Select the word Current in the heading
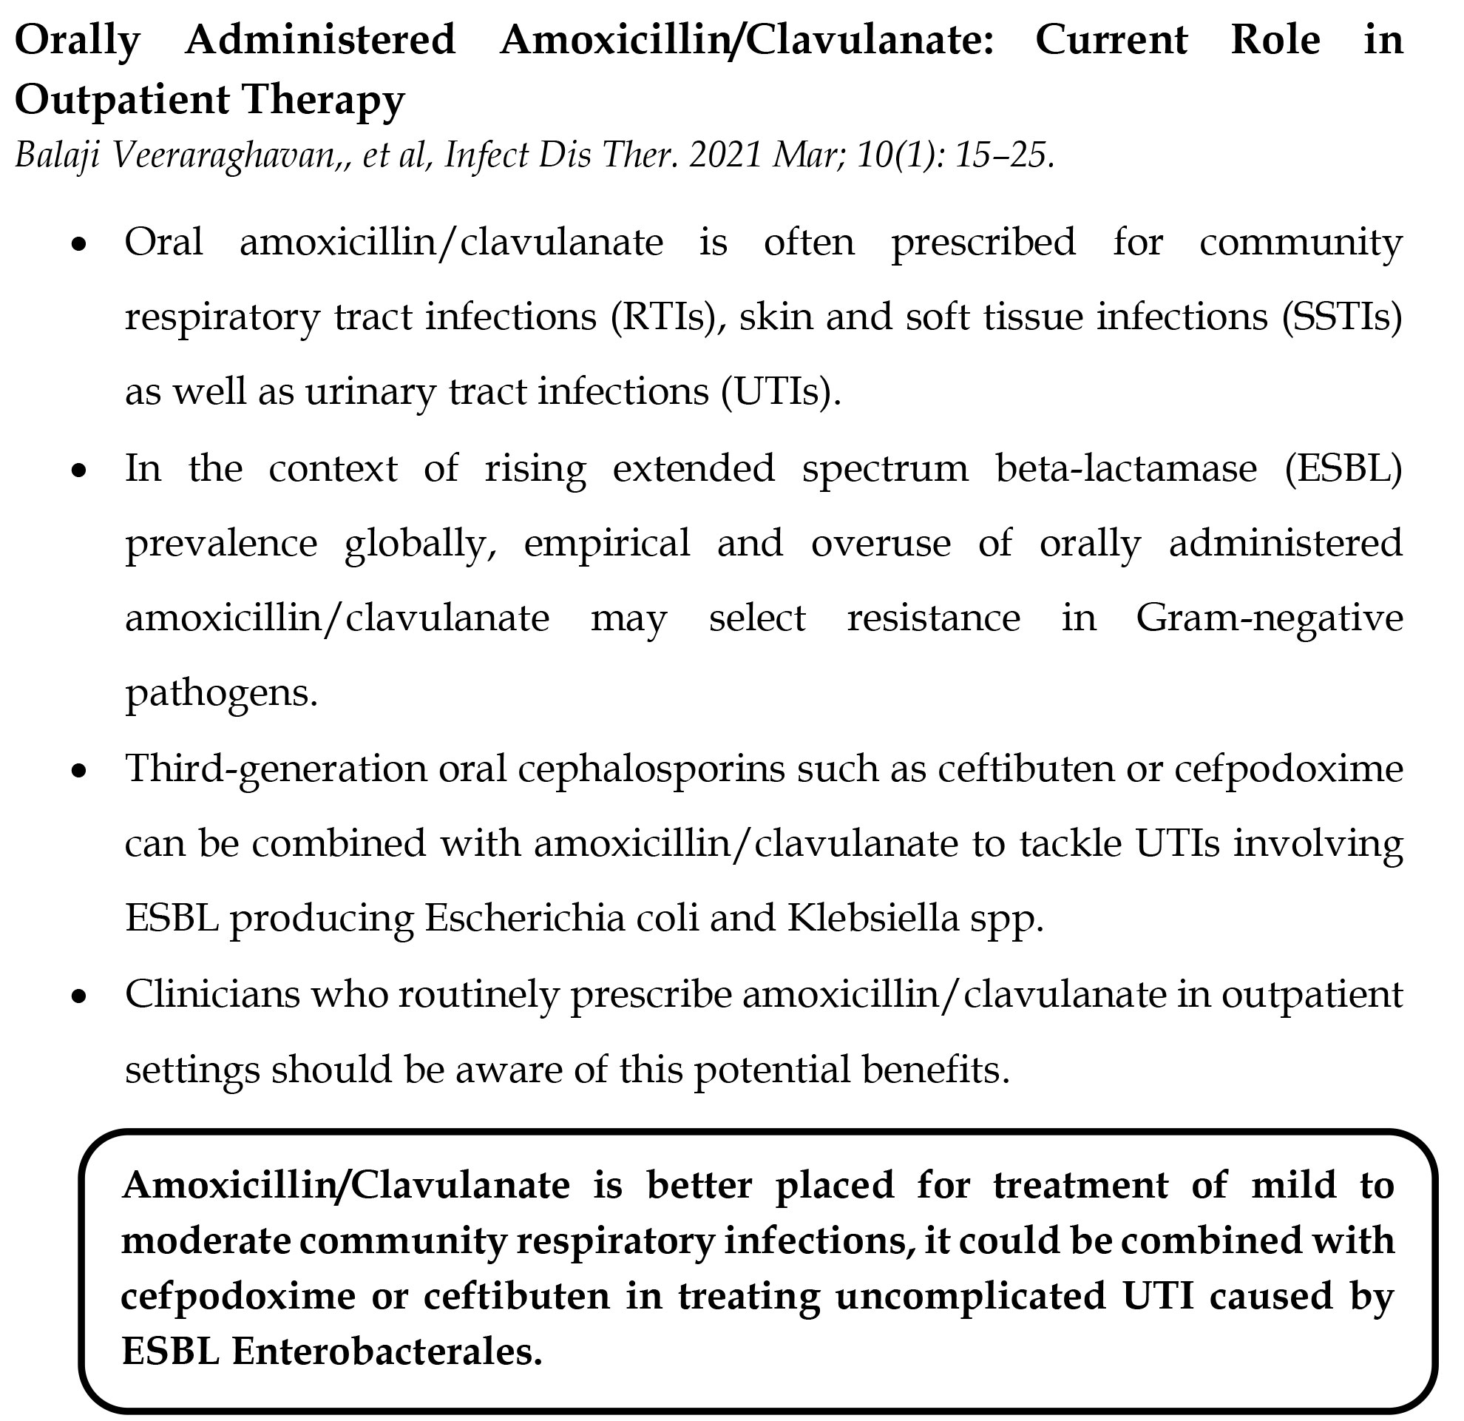(1111, 41)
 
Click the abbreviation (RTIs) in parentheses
(660, 317)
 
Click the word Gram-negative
(1269, 618)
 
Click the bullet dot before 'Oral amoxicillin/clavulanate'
(79, 245)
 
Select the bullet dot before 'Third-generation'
(79, 771)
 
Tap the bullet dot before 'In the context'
(79, 471)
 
